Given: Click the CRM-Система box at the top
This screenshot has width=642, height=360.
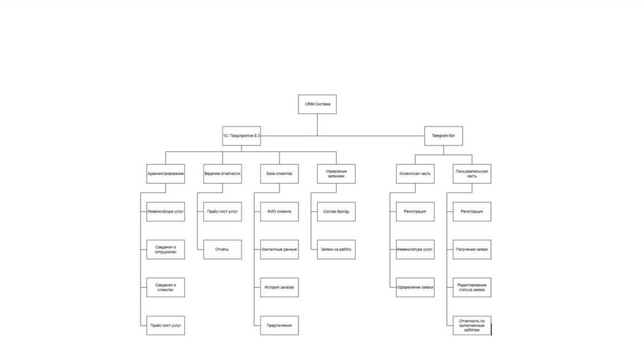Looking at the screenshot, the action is click(317, 104).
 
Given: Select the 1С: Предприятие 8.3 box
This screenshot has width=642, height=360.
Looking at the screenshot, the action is click(241, 135).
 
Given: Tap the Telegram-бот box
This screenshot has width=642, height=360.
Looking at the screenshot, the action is click(443, 135).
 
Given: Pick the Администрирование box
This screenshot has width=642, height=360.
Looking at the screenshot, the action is click(166, 173).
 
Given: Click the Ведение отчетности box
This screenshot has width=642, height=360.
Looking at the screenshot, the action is click(222, 173).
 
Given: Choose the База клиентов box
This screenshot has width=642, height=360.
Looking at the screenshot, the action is click(279, 173).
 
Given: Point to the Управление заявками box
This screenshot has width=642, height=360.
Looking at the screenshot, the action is click(335, 173).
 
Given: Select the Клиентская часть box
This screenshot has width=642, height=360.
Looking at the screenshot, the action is click(415, 173).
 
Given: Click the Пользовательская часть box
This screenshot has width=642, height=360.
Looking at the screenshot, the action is click(471, 173).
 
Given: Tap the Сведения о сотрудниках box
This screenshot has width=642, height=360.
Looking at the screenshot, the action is click(166, 249).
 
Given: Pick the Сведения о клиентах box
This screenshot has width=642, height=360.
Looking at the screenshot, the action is click(166, 287).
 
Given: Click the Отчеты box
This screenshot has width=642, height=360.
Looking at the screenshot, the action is click(222, 249).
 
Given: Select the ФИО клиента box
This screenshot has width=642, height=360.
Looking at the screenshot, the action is click(279, 211).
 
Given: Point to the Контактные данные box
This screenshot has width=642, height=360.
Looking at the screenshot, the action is click(279, 249).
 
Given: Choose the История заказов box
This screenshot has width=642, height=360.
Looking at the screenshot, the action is click(279, 287).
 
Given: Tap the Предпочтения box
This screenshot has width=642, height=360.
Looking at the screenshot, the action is click(279, 326).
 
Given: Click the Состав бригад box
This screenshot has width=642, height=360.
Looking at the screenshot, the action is click(335, 211).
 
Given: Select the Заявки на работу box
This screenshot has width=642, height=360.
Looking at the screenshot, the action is click(335, 249).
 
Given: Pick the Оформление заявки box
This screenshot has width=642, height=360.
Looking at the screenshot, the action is click(415, 287).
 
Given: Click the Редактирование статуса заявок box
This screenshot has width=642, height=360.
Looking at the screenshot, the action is click(471, 287).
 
